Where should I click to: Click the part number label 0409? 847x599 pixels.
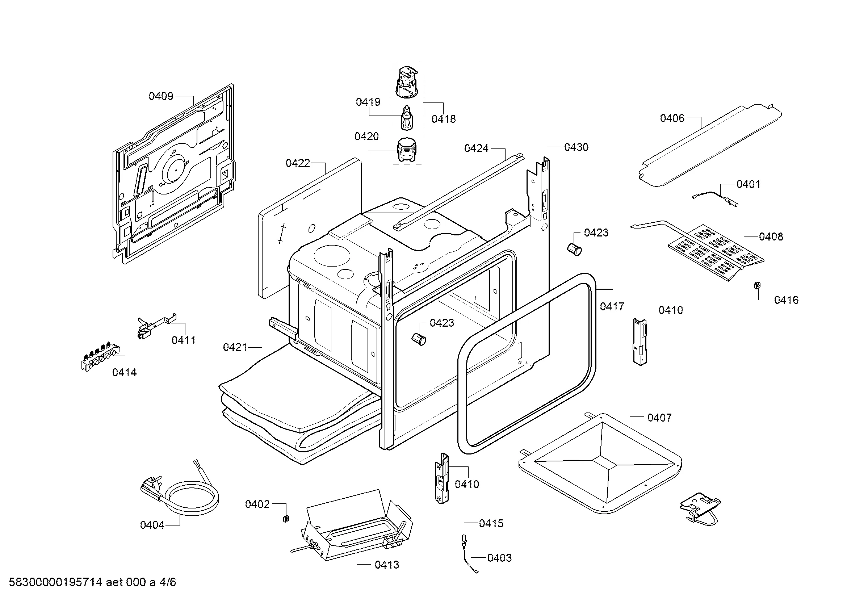(x=161, y=96)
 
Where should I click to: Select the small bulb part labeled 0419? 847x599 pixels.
(x=407, y=118)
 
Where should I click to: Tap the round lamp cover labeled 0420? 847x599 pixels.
(x=406, y=149)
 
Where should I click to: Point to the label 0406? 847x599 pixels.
(x=672, y=118)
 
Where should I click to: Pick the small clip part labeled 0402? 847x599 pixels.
(x=285, y=518)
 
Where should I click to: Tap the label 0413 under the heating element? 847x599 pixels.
(x=387, y=564)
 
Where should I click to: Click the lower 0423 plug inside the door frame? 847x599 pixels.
(x=419, y=338)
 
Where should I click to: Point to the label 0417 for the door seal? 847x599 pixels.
(x=612, y=306)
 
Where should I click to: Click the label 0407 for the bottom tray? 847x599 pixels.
(x=659, y=418)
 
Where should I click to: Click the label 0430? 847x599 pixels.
(x=576, y=147)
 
